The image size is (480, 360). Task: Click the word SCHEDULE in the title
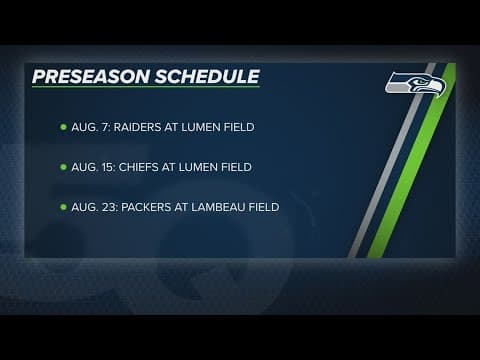click(210, 77)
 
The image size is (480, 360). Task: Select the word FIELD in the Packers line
click(267, 207)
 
